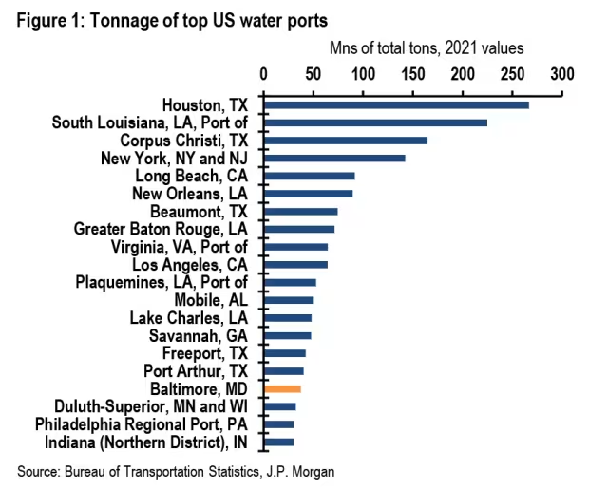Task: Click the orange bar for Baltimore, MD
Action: [x=283, y=389]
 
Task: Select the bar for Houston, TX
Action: [x=396, y=104]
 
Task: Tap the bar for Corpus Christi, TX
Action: [x=346, y=141]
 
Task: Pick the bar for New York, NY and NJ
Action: [x=334, y=158]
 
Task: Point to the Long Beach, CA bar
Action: [x=310, y=176]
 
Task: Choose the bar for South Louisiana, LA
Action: [x=375, y=122]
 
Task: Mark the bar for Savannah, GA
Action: [x=288, y=335]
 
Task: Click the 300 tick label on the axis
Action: [x=562, y=73]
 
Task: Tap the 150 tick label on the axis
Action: [x=413, y=73]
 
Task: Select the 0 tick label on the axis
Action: [x=264, y=73]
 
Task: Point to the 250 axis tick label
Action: [x=513, y=73]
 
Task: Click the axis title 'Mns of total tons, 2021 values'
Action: [x=427, y=47]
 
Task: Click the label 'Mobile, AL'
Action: [x=211, y=300]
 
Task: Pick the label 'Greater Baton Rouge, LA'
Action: [x=161, y=229]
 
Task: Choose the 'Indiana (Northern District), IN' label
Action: [x=146, y=442]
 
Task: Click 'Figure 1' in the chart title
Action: [x=47, y=17]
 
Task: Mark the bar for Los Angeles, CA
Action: [x=295, y=265]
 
